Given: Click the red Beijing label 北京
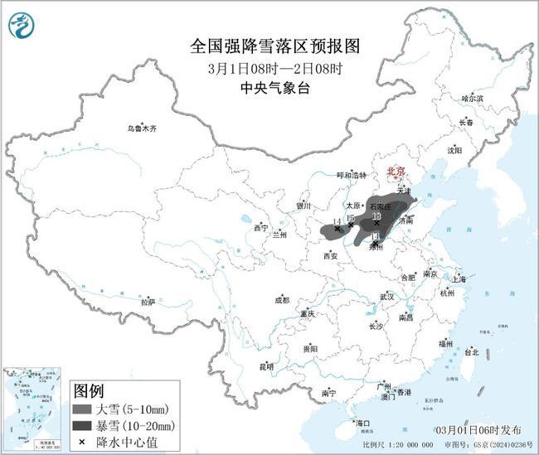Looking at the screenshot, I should pos(396,172).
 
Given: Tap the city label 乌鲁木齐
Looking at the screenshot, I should pos(142,128).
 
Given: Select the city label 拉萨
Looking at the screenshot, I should pos(148,303).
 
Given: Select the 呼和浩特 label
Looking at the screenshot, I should pos(352,176).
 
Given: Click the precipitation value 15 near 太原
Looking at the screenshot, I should pos(351,218).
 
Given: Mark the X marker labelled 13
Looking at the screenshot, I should pos(376,223).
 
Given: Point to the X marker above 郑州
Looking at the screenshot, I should pos(375,244).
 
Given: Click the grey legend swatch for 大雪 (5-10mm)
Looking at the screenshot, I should pos(82,409).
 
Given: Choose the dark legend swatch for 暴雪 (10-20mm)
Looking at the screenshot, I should pos(82,426).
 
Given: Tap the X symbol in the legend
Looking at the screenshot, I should pos(81,442).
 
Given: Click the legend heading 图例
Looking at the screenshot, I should pos(89,390).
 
